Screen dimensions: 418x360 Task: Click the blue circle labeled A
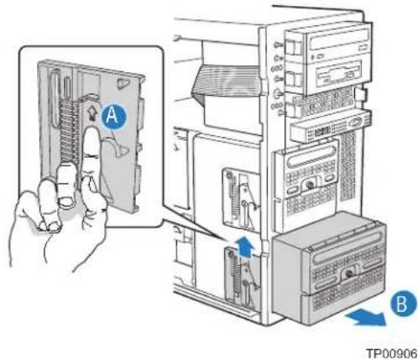113,117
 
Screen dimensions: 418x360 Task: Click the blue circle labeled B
403,304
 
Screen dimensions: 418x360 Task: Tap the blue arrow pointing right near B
366,319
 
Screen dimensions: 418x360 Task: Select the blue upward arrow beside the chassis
245,246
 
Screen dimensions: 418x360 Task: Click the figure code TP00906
391,353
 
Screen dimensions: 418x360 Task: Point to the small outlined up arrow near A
91,113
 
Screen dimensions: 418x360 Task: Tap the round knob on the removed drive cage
348,274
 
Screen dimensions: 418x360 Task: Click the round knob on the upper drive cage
310,185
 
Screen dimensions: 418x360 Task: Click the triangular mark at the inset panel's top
123,84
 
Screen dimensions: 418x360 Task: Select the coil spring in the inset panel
67,132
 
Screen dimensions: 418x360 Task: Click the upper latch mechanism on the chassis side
241,199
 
